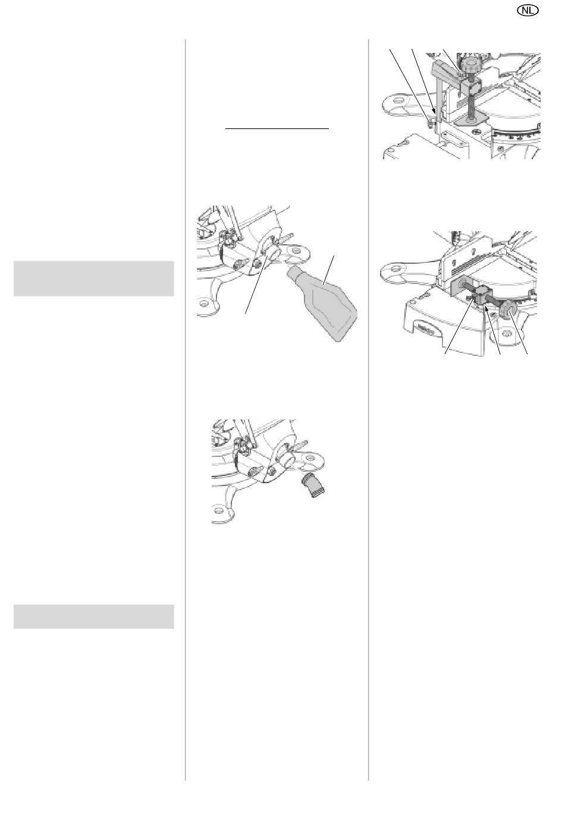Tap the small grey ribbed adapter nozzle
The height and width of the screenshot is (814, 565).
coord(313,485)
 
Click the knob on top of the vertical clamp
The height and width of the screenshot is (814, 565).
coord(470,67)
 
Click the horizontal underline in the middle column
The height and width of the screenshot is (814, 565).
coord(277,128)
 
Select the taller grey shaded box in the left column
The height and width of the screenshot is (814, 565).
coord(93,278)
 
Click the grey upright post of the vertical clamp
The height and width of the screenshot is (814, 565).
coord(437,98)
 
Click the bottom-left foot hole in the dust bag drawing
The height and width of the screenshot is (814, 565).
coord(203,302)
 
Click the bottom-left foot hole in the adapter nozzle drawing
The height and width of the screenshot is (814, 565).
coord(218,510)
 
